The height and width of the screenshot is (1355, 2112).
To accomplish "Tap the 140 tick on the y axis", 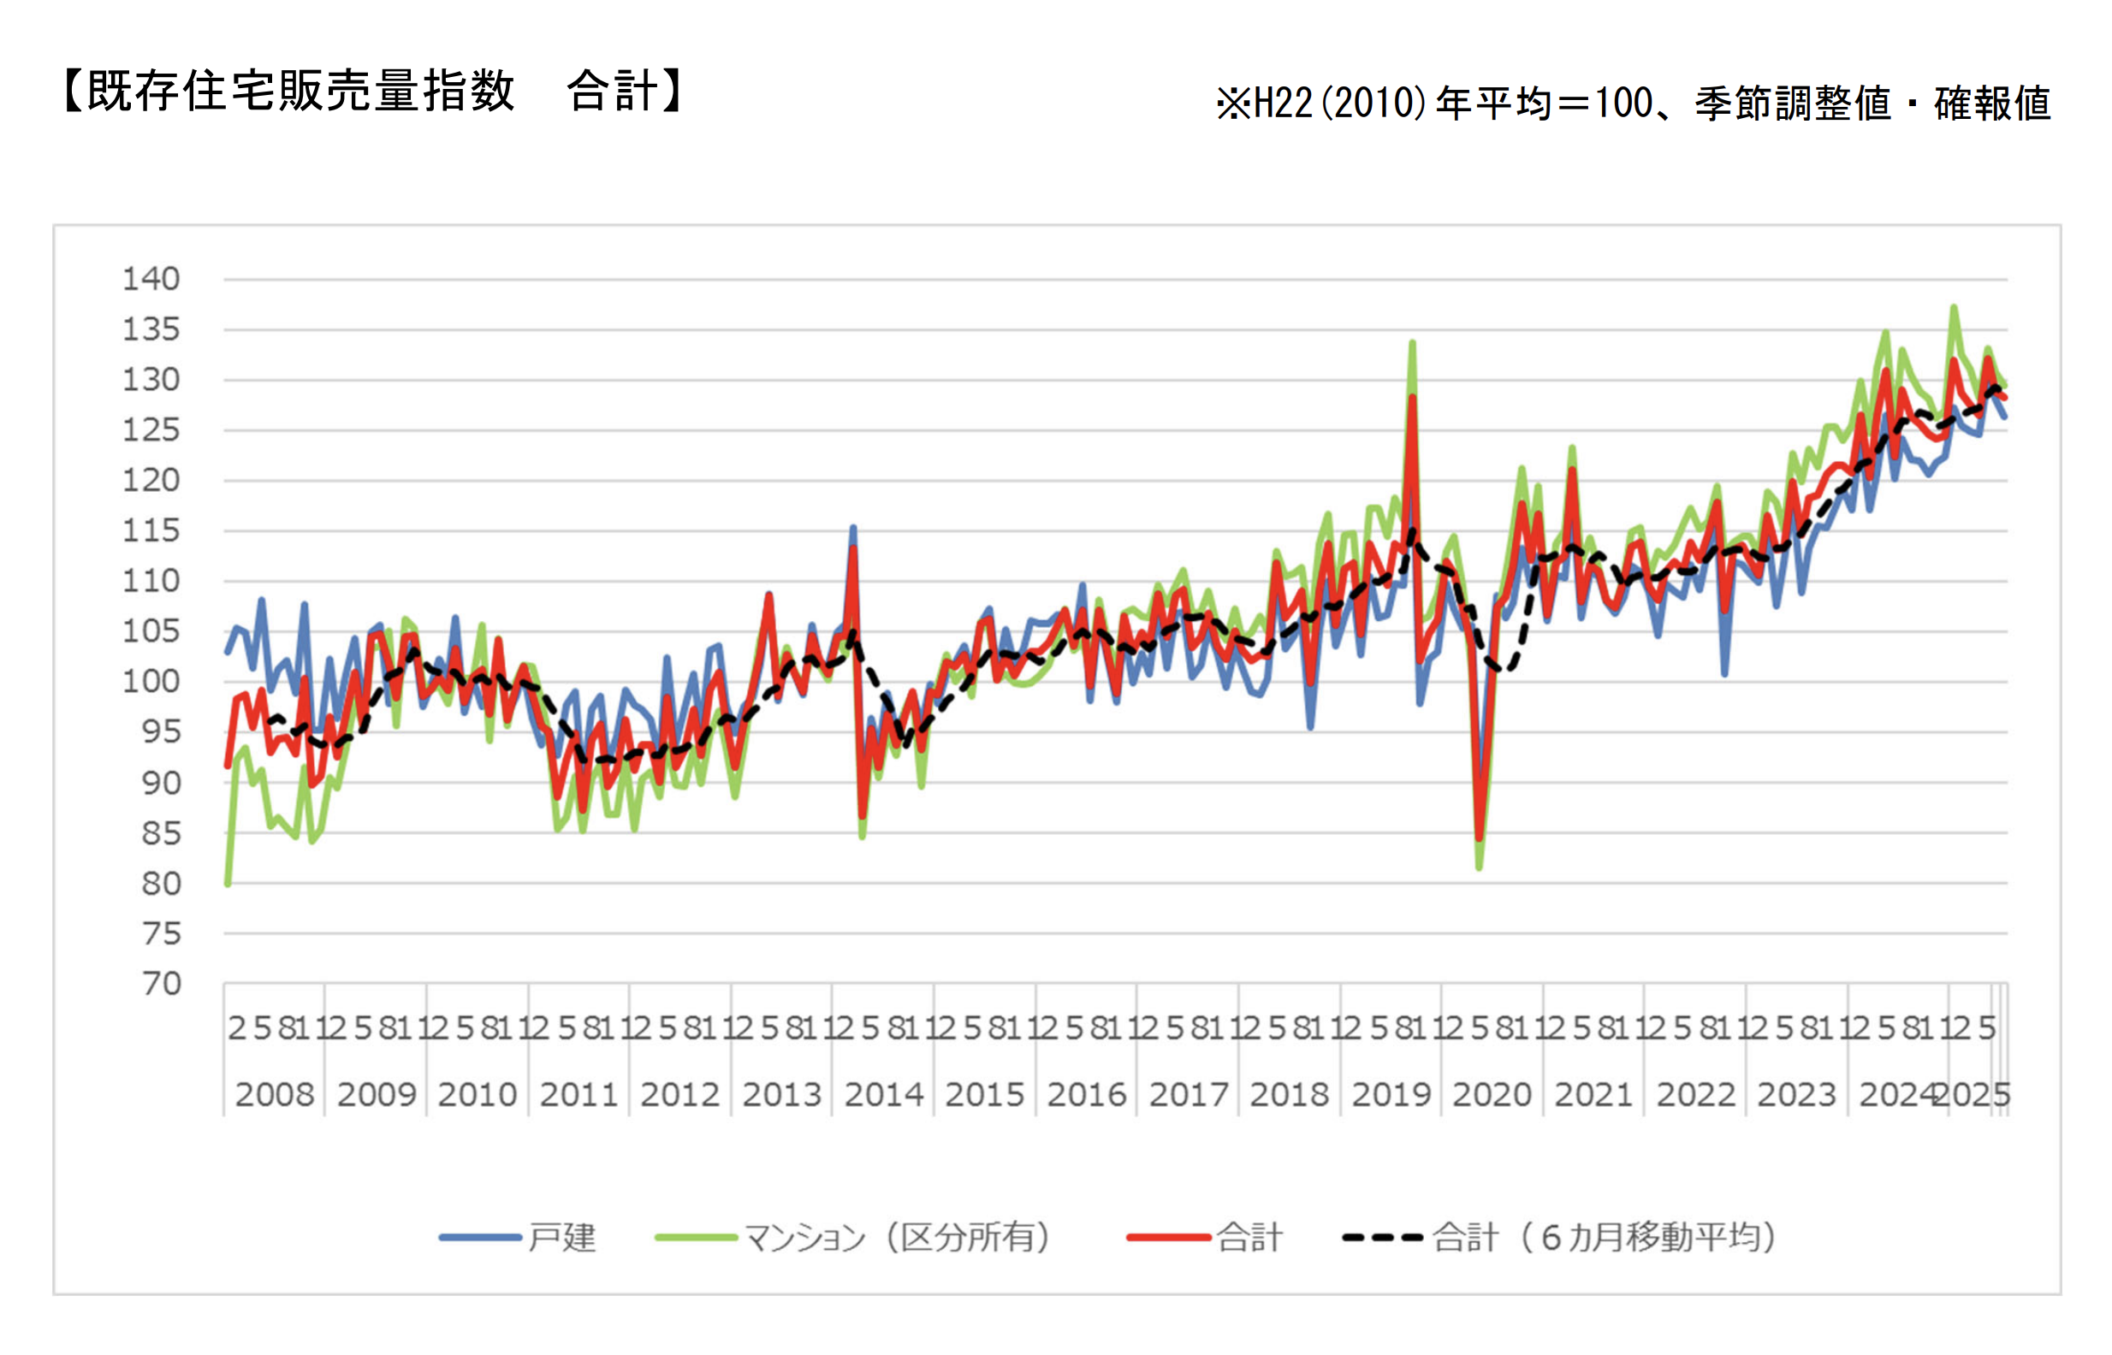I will [x=151, y=279].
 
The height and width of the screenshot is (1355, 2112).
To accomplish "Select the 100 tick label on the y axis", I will [x=151, y=681].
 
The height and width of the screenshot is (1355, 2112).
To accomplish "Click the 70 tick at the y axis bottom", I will [x=162, y=983].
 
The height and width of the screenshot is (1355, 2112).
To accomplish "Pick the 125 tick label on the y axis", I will [x=151, y=430].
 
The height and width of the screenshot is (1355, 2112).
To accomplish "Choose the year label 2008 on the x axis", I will [x=275, y=1095].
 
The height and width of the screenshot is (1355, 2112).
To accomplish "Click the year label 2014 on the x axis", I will [x=883, y=1095].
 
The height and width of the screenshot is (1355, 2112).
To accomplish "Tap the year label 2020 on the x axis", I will [x=1492, y=1095].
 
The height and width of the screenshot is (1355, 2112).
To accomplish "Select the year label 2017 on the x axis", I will [x=1188, y=1095].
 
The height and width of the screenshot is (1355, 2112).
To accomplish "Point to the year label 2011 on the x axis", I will [x=579, y=1095].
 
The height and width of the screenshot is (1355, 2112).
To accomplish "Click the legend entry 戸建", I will [x=561, y=1237].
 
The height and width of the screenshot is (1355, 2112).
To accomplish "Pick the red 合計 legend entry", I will [x=1249, y=1237].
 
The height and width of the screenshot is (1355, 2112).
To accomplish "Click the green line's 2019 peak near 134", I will [x=1412, y=342].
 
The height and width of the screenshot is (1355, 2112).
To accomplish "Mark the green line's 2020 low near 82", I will [x=1480, y=867].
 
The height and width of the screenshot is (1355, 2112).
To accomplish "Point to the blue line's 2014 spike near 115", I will [x=852, y=528].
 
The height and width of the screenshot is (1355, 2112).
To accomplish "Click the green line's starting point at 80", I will [x=228, y=883].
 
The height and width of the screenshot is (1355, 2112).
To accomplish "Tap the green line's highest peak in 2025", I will [x=1954, y=307].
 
